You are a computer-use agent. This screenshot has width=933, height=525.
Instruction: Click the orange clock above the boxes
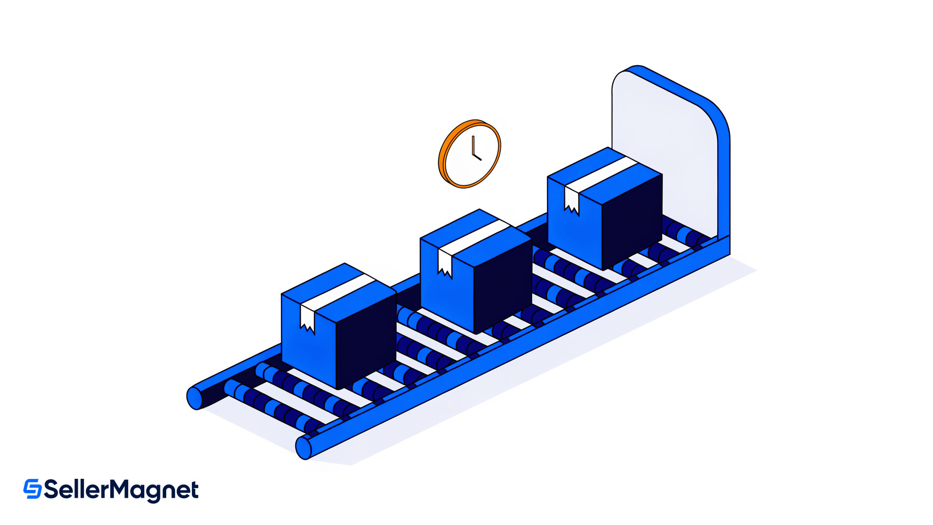(469, 154)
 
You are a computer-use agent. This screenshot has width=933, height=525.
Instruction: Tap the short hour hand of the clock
(477, 157)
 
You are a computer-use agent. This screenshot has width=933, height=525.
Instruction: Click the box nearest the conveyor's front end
(339, 326)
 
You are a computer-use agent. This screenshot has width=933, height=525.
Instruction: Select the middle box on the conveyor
(476, 271)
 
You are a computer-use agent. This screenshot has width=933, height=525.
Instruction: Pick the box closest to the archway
(605, 209)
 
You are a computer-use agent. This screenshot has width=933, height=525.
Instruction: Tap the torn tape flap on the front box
(308, 319)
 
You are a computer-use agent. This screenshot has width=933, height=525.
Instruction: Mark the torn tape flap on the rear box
(571, 201)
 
